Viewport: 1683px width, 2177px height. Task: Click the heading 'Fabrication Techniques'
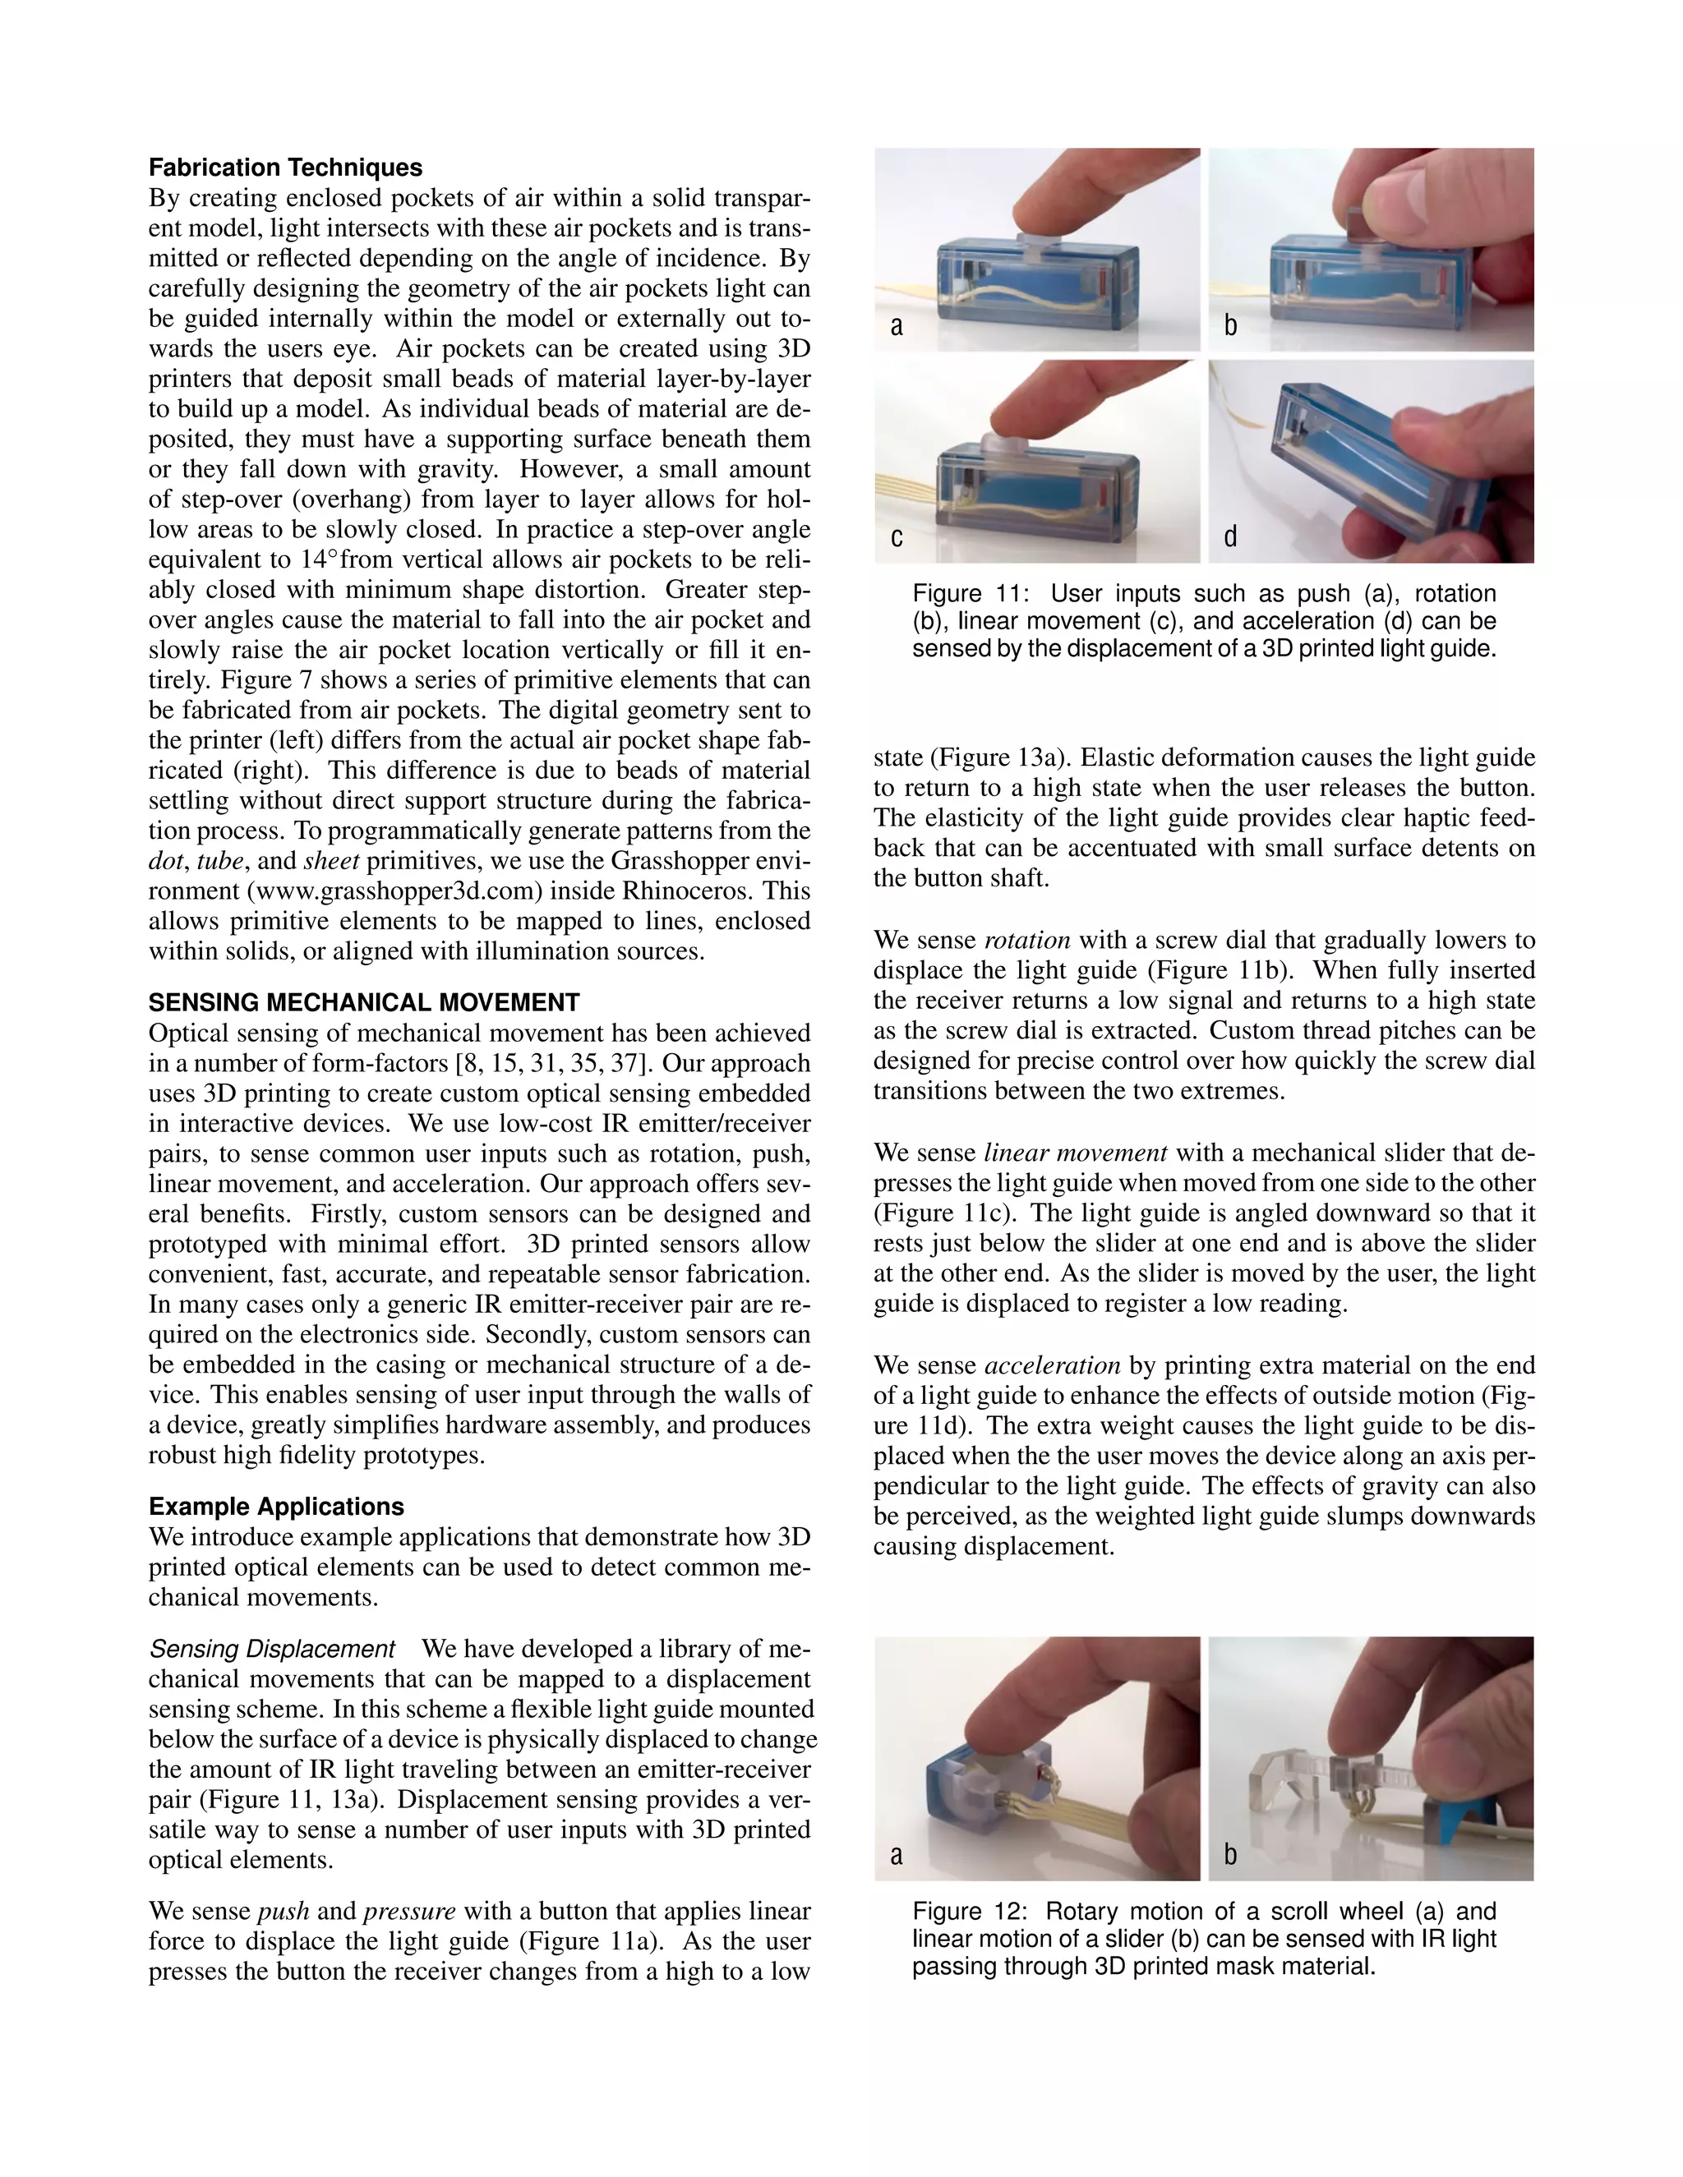[x=285, y=168]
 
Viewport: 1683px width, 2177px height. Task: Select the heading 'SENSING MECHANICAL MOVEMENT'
[x=364, y=1003]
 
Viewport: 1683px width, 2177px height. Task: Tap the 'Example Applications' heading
[x=276, y=1506]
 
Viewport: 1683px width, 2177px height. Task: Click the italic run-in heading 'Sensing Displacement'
[x=272, y=1649]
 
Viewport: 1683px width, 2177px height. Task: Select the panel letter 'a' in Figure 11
[x=897, y=326]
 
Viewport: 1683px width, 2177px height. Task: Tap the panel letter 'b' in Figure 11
[x=1230, y=326]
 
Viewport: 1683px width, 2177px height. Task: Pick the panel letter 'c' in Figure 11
[x=897, y=537]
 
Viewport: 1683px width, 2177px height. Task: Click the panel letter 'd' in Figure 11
[x=1230, y=537]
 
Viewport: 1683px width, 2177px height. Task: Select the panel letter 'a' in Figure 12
[x=897, y=1854]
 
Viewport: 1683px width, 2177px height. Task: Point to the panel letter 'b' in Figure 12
[x=1230, y=1854]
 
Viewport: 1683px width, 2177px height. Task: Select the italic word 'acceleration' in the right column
[x=1052, y=1365]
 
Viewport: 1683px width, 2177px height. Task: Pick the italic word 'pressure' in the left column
[x=408, y=1911]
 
